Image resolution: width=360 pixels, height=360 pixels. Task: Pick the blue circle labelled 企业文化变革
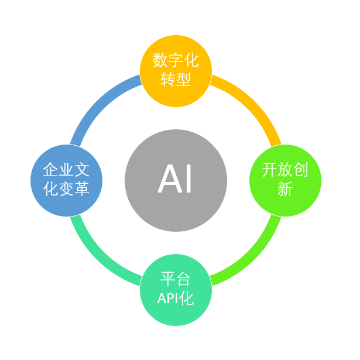(67, 180)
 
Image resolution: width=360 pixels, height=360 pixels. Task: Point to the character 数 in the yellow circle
(160, 60)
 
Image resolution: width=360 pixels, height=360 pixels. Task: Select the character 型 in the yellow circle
(184, 80)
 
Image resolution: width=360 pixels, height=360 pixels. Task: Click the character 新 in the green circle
(285, 190)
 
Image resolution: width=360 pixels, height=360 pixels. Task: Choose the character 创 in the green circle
(301, 170)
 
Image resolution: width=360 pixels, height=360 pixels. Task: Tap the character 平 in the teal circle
(168, 279)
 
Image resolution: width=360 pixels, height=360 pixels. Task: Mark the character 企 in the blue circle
(50, 170)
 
